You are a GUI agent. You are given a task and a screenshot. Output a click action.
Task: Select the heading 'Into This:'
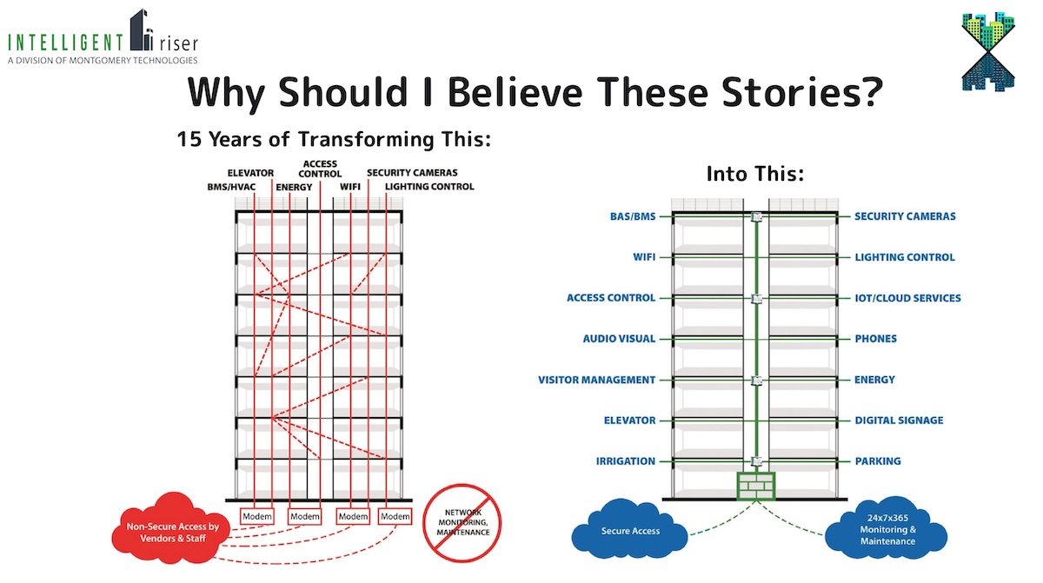click(x=754, y=174)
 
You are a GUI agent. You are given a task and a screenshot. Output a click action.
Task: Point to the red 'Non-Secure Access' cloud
click(x=170, y=532)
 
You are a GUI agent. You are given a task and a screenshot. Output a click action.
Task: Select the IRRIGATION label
click(x=626, y=461)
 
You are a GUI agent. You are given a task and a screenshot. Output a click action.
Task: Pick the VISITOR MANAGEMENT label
click(x=596, y=380)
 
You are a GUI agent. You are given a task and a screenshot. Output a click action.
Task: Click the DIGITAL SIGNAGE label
click(x=899, y=421)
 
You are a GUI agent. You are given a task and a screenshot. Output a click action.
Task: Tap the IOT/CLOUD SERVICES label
click(x=907, y=298)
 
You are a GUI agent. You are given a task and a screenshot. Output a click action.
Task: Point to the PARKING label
click(x=877, y=461)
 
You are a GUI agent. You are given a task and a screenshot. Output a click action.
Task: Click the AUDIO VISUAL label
click(x=619, y=339)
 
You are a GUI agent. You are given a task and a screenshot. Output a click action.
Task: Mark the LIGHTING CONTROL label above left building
click(x=429, y=187)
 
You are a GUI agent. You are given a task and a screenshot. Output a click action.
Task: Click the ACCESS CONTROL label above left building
click(x=320, y=169)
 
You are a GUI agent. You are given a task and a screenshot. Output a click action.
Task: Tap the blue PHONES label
click(x=875, y=339)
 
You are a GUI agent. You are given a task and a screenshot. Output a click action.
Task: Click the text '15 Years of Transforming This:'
click(x=334, y=138)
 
